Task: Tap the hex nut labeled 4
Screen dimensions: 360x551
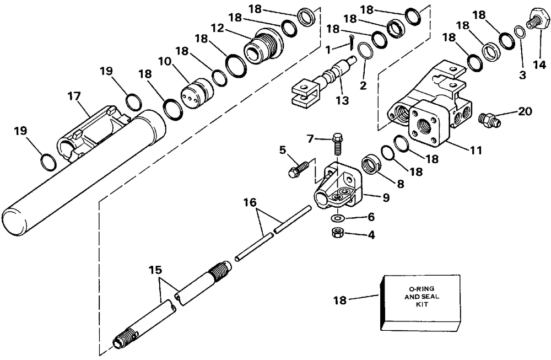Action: click(335, 233)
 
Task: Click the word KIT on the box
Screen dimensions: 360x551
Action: click(420, 304)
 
